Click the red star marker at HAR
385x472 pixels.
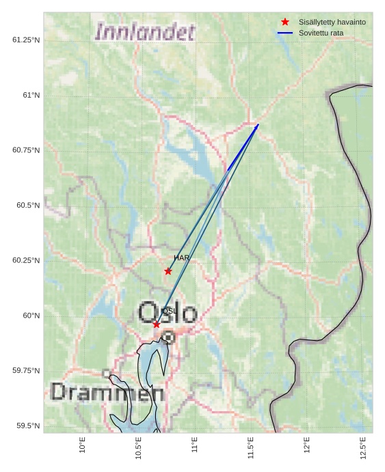168,271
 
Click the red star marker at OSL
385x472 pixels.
157,324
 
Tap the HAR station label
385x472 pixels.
181,258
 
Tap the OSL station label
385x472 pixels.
170,311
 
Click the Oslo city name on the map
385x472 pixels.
168,314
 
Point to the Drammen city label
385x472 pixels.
107,393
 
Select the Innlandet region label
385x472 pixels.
145,32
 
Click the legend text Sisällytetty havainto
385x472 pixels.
332,22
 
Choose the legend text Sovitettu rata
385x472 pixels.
321,33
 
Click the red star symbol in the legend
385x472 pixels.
285,22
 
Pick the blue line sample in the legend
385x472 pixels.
285,33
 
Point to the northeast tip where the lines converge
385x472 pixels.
258,124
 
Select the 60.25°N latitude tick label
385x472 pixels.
26,260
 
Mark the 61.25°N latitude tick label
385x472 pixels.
26,40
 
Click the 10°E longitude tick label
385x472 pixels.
83,445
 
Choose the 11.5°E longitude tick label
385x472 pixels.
250,448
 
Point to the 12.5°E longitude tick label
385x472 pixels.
362,448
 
